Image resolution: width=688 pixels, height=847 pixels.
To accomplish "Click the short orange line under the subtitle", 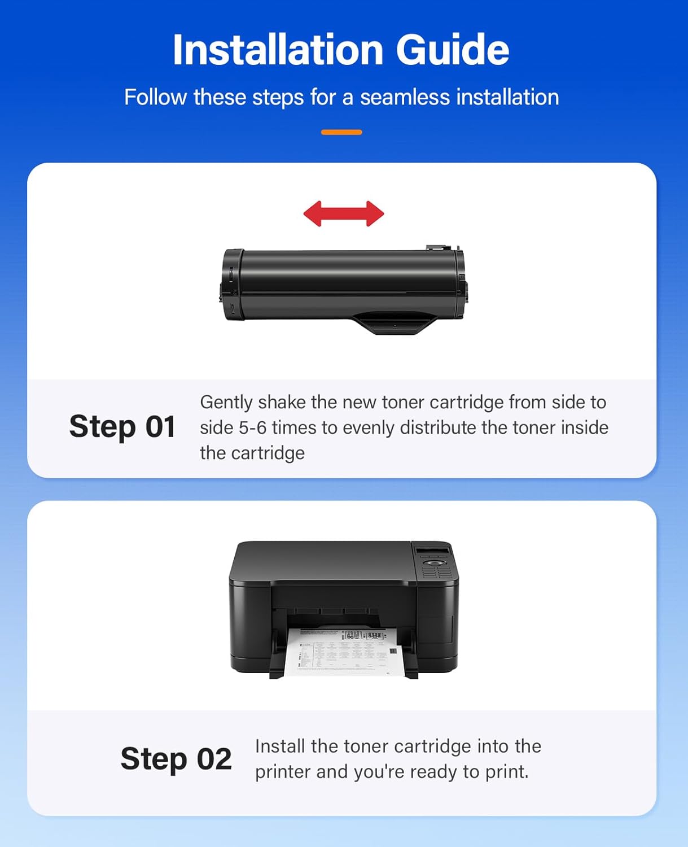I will click(x=341, y=132).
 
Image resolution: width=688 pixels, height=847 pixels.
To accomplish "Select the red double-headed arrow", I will click(x=344, y=214).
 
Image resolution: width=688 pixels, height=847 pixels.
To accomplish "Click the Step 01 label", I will click(x=122, y=426).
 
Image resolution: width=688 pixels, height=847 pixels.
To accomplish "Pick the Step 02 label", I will click(x=176, y=759).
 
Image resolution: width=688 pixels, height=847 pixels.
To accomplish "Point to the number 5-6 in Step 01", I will click(x=252, y=427).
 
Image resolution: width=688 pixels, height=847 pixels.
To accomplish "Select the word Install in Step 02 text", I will click(x=280, y=746).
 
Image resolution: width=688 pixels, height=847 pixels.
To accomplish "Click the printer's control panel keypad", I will click(x=436, y=569).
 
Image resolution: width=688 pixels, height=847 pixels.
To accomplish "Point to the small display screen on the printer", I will click(x=432, y=551).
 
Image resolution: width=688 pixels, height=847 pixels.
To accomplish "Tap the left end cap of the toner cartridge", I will click(x=231, y=285).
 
